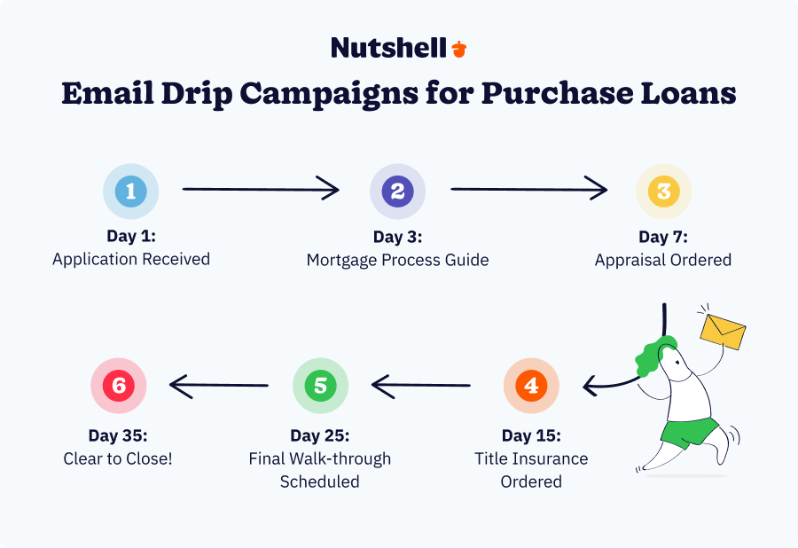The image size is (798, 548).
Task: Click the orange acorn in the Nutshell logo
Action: tap(458, 49)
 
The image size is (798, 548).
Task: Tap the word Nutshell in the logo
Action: tap(388, 48)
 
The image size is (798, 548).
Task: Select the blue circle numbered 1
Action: tap(131, 192)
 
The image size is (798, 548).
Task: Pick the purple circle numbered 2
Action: tap(397, 192)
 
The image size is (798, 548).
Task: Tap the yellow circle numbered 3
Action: tap(663, 192)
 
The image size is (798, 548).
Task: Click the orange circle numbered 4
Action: tap(531, 386)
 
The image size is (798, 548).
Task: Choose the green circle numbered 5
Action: tap(321, 386)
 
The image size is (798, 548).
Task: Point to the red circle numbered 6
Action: tap(118, 386)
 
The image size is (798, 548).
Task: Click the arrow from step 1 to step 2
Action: tap(261, 189)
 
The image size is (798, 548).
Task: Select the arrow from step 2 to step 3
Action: tap(528, 189)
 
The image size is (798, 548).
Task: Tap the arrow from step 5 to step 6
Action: tap(219, 386)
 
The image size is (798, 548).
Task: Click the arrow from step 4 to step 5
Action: tap(421, 386)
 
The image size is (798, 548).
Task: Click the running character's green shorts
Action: tap(690, 432)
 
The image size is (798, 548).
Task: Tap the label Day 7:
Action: tap(663, 237)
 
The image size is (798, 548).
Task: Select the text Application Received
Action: tap(131, 260)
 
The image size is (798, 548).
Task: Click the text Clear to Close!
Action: tap(118, 459)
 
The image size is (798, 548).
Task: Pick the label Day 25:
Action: tap(320, 436)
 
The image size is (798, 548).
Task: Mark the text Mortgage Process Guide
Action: tap(397, 260)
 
